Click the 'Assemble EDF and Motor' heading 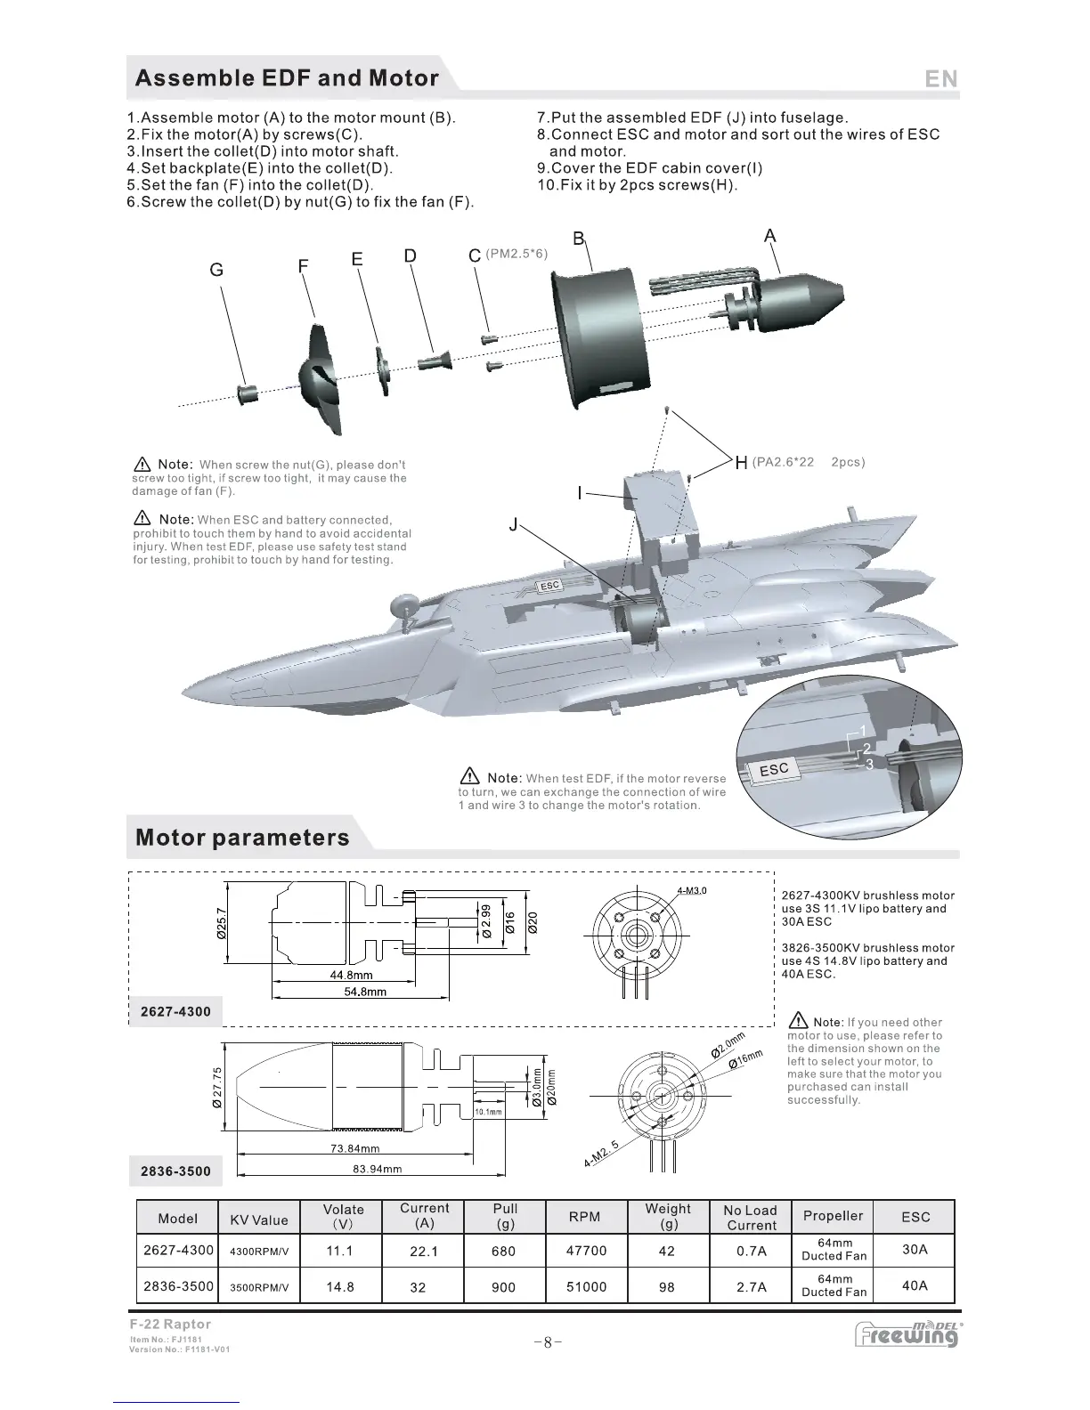287,78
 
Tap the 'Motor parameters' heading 242,838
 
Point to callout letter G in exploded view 216,270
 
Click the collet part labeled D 435,361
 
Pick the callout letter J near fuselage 513,525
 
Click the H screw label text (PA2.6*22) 783,462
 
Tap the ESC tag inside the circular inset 773,769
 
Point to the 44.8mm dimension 351,975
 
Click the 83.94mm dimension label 372,1169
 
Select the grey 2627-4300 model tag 176,1011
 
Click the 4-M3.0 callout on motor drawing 692,891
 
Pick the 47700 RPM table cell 586,1251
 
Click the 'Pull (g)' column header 505,1216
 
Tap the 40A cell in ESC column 915,1285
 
